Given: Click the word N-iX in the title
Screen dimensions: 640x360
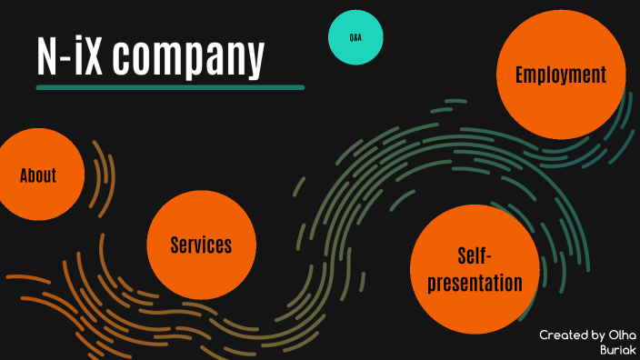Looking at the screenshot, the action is click(70, 56).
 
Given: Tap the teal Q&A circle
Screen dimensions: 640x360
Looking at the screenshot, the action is click(355, 38).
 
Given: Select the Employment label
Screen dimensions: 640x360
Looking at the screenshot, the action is click(560, 75).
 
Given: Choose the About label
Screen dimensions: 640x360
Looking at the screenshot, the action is click(38, 175).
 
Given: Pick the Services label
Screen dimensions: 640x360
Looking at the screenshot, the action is click(201, 245).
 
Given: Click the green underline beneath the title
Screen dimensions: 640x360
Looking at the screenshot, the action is click(170, 87).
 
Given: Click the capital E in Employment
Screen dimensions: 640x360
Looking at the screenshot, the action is click(521, 75).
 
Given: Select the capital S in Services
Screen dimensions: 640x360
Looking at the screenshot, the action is click(175, 245).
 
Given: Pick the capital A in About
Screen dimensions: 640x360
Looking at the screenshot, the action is click(25, 175).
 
